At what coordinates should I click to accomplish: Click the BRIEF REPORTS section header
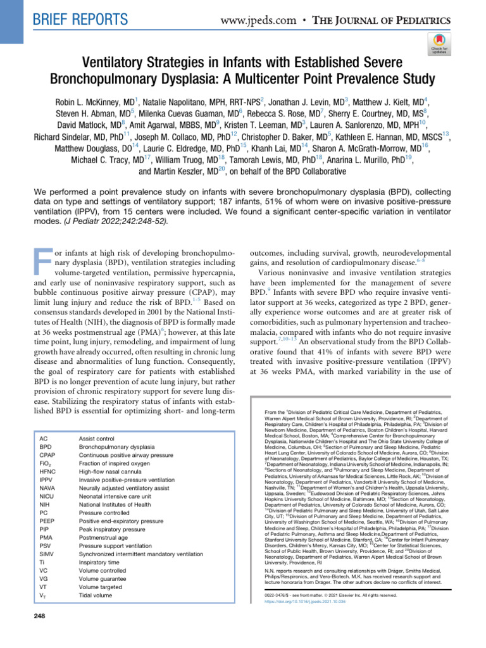click(75, 19)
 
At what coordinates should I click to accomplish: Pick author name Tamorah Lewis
click(274, 159)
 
